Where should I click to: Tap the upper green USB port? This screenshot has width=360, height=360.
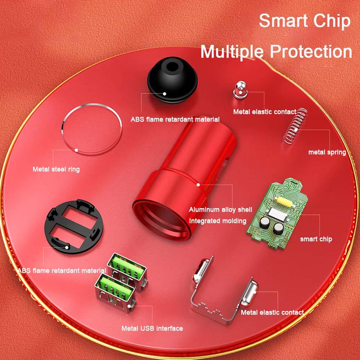pyautogui.click(x=128, y=266)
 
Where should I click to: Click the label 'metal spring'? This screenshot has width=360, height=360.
pyautogui.click(x=327, y=152)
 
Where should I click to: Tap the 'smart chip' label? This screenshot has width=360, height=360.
pyautogui.click(x=316, y=239)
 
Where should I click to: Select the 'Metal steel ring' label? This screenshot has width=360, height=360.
pyautogui.click(x=56, y=169)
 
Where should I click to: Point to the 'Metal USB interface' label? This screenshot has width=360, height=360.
pyautogui.click(x=152, y=328)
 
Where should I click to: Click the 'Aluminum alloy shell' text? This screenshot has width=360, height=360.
pyautogui.click(x=220, y=210)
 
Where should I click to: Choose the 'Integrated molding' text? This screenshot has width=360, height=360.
pyautogui.click(x=218, y=221)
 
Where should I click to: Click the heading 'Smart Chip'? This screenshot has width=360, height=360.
pyautogui.click(x=304, y=20)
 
